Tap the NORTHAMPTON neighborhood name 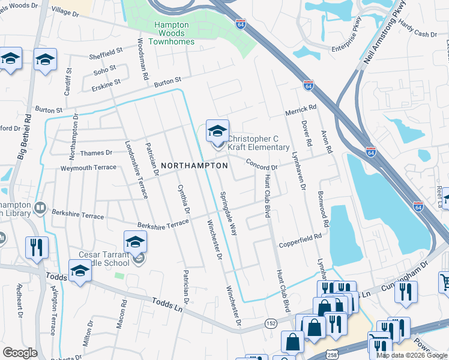pos(193,165)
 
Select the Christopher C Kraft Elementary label pos(258,143)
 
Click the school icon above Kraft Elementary pos(217,130)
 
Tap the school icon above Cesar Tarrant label pos(136,242)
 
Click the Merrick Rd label pos(300,108)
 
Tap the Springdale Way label pos(229,213)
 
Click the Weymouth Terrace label pos(88,167)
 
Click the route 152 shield pos(271,323)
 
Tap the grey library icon pos(40,208)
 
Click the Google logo pos(20,353)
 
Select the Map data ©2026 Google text pos(411,355)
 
